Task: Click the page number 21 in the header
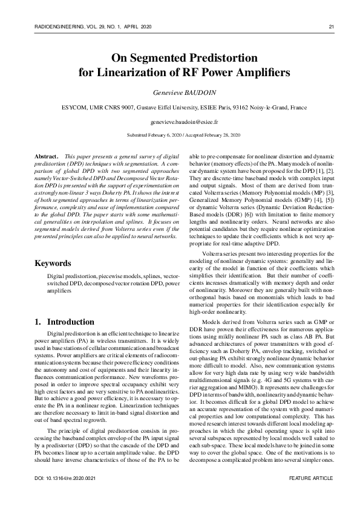click(x=331, y=27)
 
